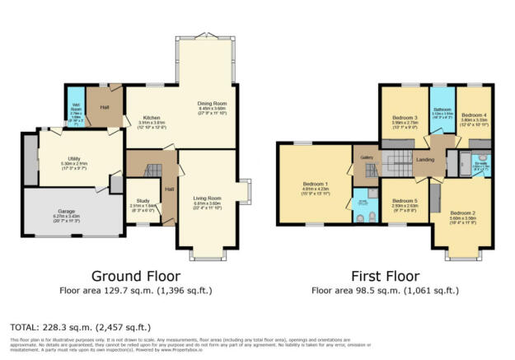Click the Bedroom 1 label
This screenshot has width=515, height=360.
coord(315,183)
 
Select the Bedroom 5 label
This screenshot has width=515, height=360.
coord(405,200)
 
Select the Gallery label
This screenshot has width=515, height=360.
coord(363,156)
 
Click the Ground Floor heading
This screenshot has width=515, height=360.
coord(137,275)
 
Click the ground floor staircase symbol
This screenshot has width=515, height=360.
coord(151,171)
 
